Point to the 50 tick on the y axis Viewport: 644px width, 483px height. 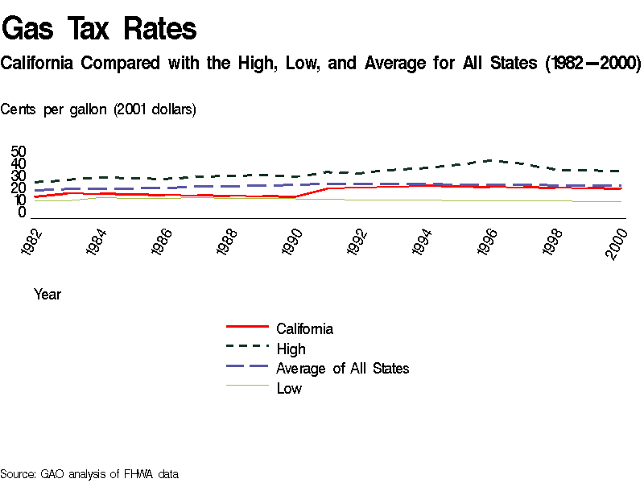pos(19,151)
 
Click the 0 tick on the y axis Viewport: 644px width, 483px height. pos(23,213)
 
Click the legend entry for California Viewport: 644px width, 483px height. pos(304,328)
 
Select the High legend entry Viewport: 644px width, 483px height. pos(291,349)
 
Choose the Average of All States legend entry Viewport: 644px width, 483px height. pos(342,369)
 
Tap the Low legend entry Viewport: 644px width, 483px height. pos(289,389)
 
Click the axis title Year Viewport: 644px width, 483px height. pos(47,295)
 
